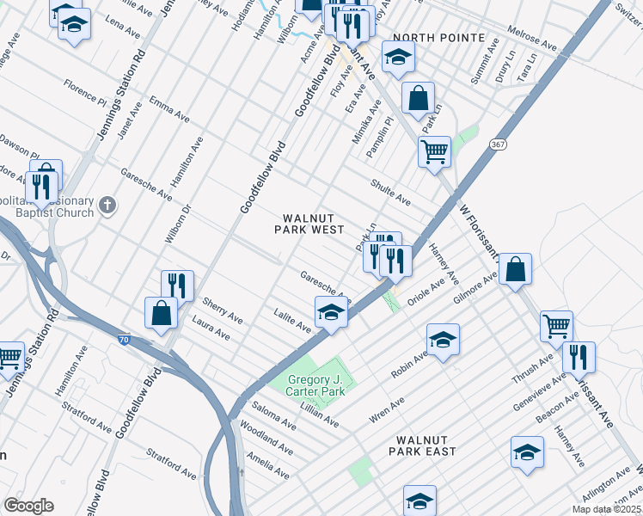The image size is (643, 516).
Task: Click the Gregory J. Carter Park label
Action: (315, 386)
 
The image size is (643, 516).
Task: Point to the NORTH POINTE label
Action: (434, 39)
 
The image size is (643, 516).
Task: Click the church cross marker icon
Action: (107, 205)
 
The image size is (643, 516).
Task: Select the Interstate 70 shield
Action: (125, 341)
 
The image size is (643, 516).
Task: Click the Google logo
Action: (28, 506)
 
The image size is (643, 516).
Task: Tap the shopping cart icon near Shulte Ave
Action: (434, 151)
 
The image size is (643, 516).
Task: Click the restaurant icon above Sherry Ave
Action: (177, 285)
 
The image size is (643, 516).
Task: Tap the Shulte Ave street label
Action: (390, 192)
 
